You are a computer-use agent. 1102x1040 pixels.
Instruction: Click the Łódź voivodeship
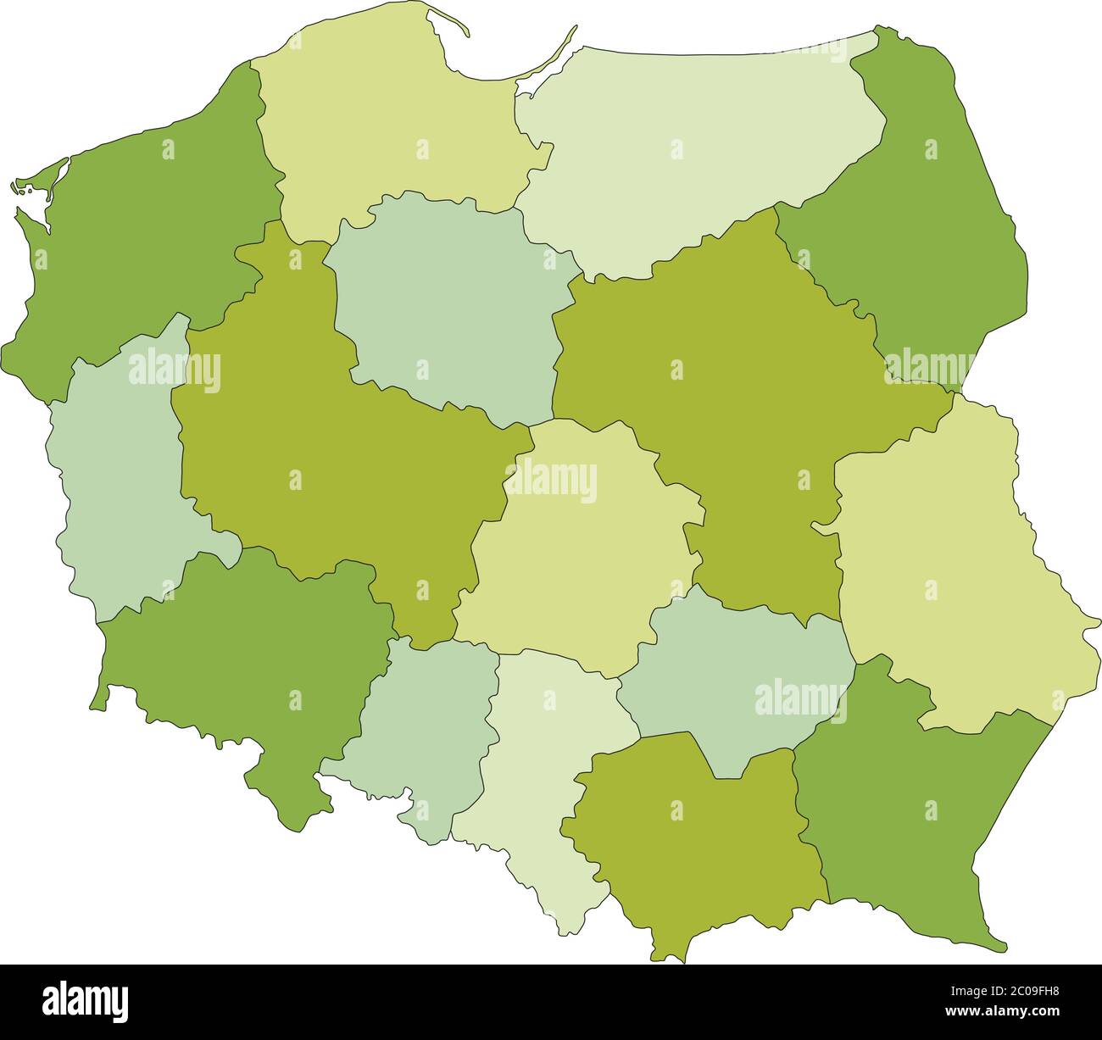(576, 551)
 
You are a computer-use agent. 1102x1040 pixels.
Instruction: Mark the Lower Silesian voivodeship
(246, 661)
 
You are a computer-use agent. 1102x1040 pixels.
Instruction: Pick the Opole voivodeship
(424, 720)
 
